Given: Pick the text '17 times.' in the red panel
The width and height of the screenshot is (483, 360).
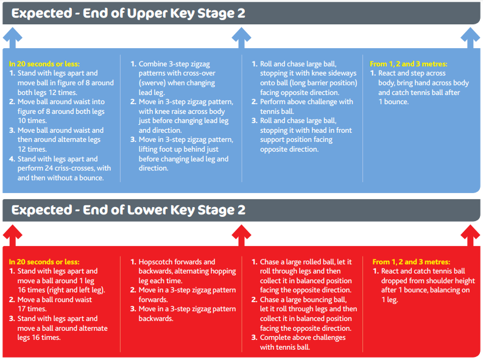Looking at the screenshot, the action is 32,309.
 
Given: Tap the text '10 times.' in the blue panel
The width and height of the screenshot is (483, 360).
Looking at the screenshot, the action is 32,121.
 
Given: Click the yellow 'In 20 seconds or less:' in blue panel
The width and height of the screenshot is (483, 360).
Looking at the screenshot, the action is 44,64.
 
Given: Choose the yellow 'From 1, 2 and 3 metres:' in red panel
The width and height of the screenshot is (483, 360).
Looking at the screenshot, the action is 411,262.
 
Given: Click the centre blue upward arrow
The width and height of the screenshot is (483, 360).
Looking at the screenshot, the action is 241,38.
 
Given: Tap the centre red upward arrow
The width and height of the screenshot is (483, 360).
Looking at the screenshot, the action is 241,235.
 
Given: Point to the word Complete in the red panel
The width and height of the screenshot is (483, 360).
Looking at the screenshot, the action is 275,338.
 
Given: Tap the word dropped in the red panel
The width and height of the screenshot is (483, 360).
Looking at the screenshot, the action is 395,281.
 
